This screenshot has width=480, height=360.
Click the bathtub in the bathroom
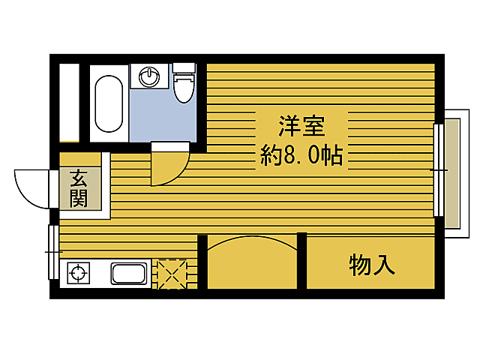point(109,102)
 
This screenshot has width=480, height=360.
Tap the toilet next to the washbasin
point(183,88)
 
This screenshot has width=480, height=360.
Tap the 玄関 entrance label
point(78,188)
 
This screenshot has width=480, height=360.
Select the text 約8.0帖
point(301,155)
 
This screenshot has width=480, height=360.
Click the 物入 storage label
point(371,264)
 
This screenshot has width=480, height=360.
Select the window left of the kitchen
point(52,252)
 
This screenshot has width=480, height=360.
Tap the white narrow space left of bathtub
point(69,102)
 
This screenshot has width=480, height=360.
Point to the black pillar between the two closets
point(301,261)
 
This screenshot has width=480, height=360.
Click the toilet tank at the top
point(184,67)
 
